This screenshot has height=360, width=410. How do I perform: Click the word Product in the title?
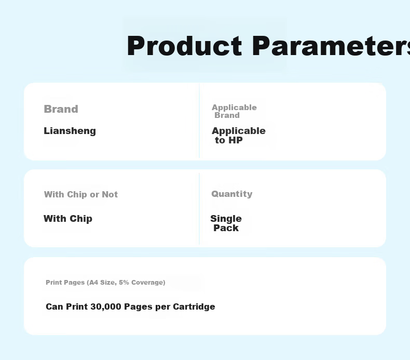185,46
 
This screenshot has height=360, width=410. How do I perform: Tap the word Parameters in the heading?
331,46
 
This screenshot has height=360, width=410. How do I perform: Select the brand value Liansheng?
70,131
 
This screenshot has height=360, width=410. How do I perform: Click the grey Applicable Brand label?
234,111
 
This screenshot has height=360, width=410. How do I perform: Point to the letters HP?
236,140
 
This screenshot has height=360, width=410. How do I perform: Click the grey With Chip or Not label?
81,194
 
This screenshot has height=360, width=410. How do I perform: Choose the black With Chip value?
68,219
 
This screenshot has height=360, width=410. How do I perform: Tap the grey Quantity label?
232,194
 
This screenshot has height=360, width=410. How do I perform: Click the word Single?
226,219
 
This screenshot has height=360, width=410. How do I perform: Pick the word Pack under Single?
226,228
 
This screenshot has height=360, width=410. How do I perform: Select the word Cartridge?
194,306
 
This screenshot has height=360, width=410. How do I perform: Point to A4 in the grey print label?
93,283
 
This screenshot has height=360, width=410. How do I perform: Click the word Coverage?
147,283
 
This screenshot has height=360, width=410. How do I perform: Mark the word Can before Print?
54,306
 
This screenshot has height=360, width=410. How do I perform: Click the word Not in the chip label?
110,194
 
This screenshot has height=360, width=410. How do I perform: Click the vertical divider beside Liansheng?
199,121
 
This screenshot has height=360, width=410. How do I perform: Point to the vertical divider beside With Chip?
199,209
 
